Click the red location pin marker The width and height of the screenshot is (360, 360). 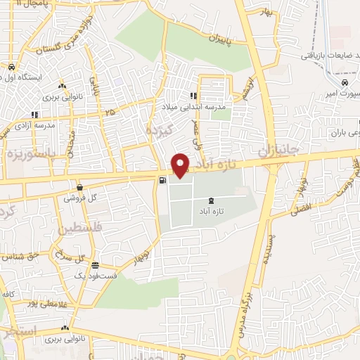click(181, 165)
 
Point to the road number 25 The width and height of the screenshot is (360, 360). click(109, 112)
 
